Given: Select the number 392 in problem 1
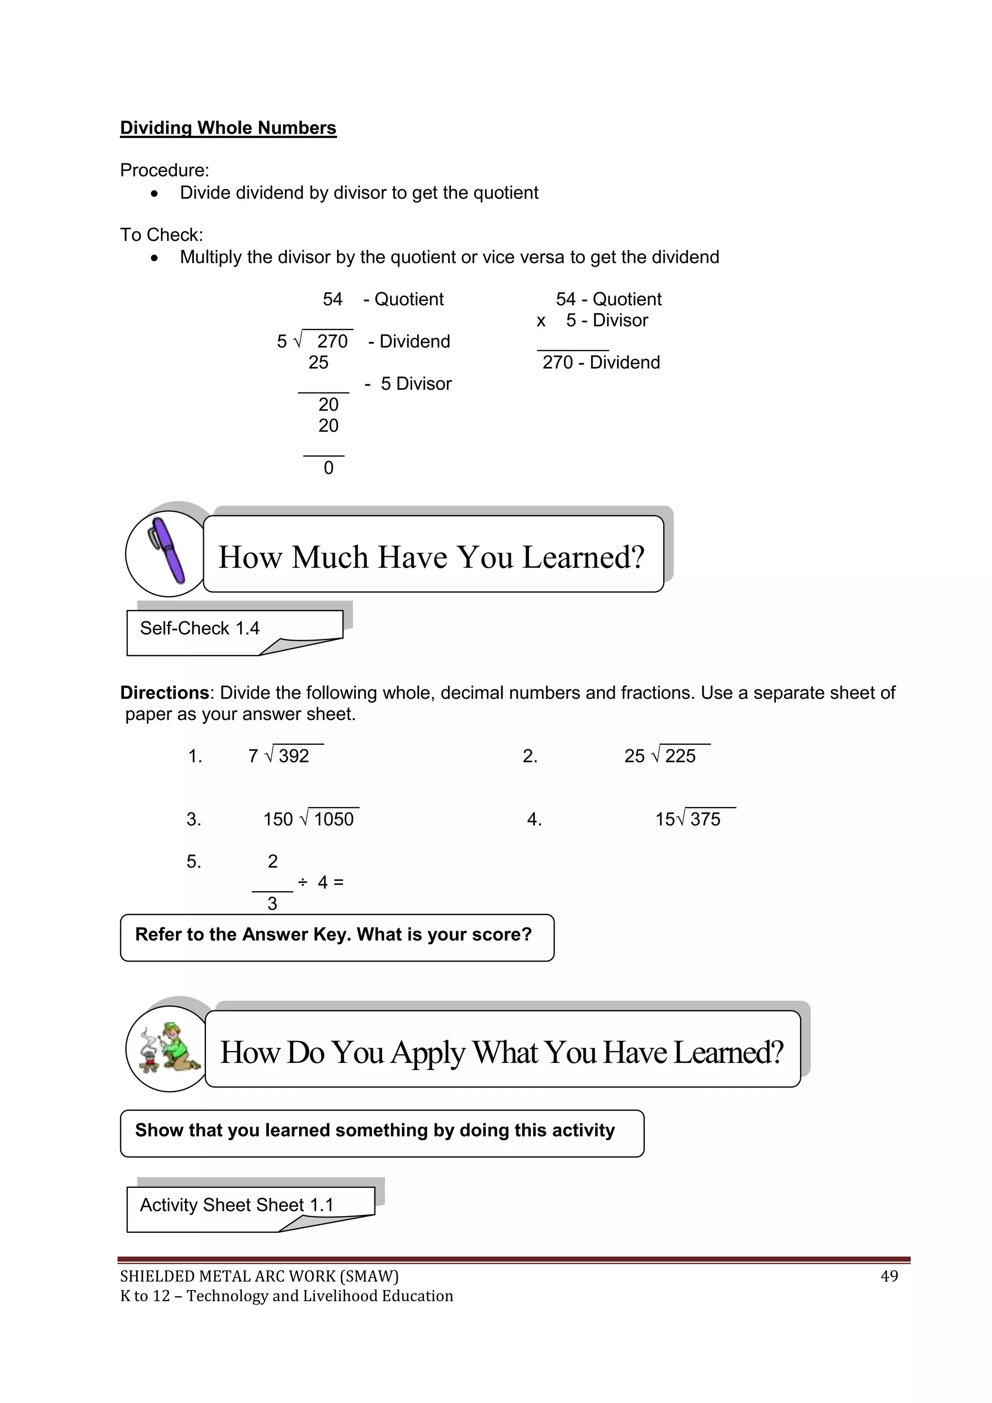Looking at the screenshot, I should tap(294, 757).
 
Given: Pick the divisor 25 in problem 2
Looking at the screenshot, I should tap(634, 757).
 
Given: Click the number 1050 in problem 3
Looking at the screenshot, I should tap(334, 820).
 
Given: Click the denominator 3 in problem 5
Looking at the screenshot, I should tap(272, 904).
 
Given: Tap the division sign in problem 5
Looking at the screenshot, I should tap(302, 882).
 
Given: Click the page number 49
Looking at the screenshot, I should tap(889, 1276).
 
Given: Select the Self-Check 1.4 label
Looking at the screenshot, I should tap(200, 628).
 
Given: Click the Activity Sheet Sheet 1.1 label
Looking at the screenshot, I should tap(236, 1205).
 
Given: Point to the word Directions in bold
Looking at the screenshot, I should tap(164, 693).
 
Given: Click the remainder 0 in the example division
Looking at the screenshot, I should tap(328, 468).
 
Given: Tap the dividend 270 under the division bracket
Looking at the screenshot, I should tap(332, 342).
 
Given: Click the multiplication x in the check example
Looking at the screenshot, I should tap(541, 321).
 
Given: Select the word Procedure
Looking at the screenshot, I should tap(164, 170).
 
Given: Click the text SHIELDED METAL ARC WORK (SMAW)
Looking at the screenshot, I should tap(259, 1276).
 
